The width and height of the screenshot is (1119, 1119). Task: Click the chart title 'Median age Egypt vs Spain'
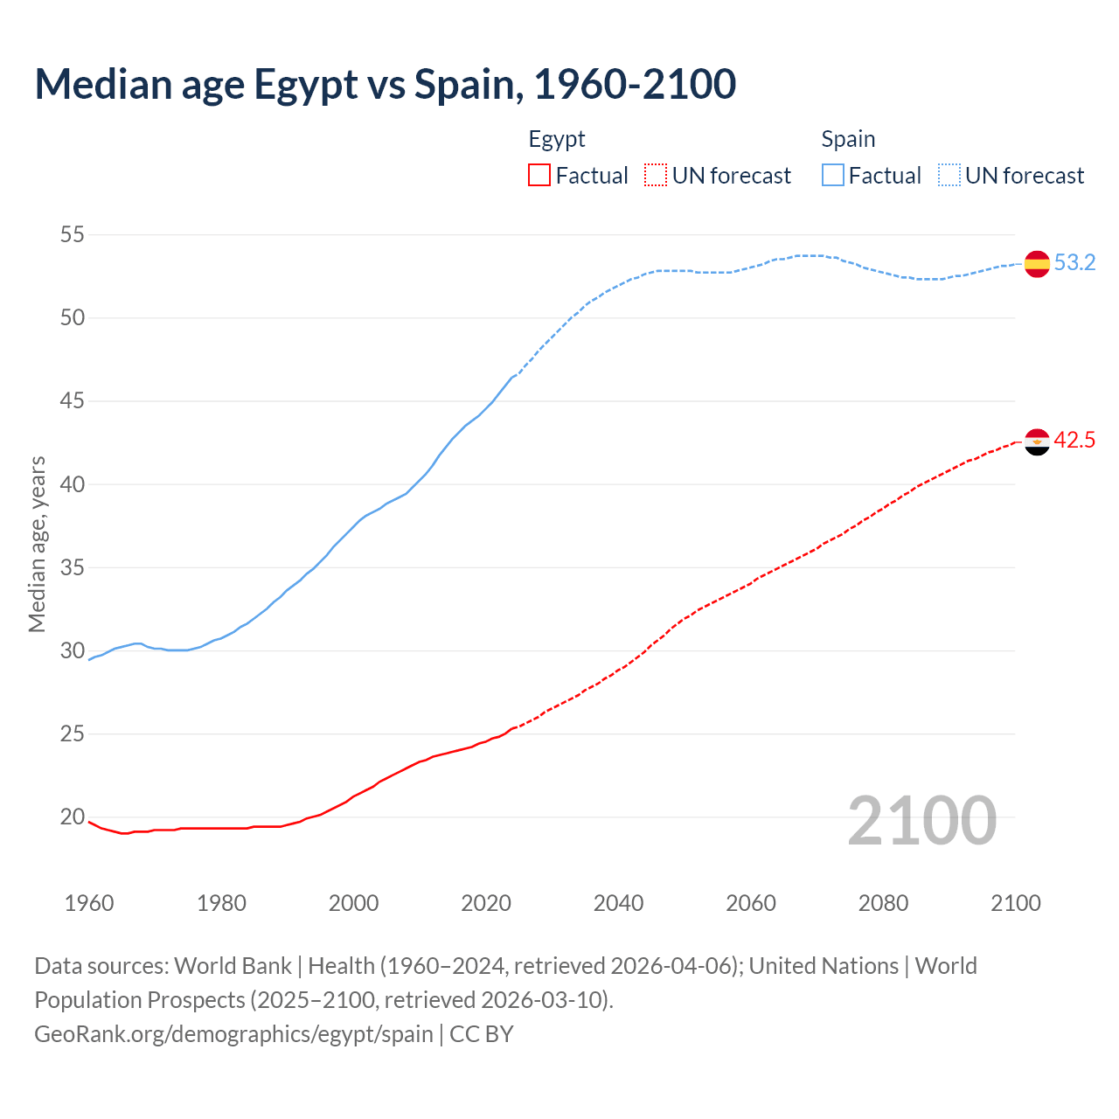[x=385, y=84]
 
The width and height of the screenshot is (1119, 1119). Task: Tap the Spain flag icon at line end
[x=1037, y=263]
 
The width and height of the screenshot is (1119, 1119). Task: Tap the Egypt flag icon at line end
[x=1037, y=441]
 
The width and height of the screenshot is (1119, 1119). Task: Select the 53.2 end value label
[x=1074, y=263]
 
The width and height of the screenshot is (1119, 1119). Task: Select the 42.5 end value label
[x=1074, y=441]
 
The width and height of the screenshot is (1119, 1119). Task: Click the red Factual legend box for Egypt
[x=539, y=176]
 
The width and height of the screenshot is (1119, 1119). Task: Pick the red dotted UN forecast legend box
[x=656, y=176]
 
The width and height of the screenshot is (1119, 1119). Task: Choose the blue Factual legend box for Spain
[x=833, y=176]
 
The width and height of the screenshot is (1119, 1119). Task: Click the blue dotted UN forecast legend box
[x=949, y=176]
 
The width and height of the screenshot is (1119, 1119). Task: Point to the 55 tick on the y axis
[x=73, y=234]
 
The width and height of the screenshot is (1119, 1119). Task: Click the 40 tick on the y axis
[x=73, y=484]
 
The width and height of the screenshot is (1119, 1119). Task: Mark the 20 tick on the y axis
[x=73, y=817]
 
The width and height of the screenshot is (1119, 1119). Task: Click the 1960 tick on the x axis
[x=89, y=903]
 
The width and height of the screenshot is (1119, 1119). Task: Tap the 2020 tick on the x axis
[x=486, y=903]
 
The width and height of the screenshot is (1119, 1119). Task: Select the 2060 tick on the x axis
[x=751, y=903]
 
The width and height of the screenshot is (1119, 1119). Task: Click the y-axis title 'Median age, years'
[x=37, y=544]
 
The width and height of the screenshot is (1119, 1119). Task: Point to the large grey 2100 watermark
[x=922, y=820]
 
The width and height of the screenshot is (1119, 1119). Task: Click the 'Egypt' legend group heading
[x=557, y=139]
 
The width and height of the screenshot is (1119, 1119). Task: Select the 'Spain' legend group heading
[x=848, y=139]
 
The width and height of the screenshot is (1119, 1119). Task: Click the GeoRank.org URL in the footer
[x=233, y=1034]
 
